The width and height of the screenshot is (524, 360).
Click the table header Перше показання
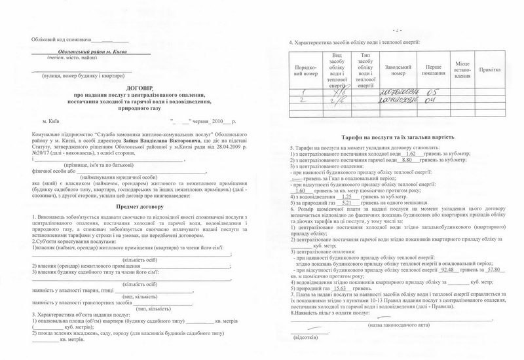[x=434, y=70]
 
